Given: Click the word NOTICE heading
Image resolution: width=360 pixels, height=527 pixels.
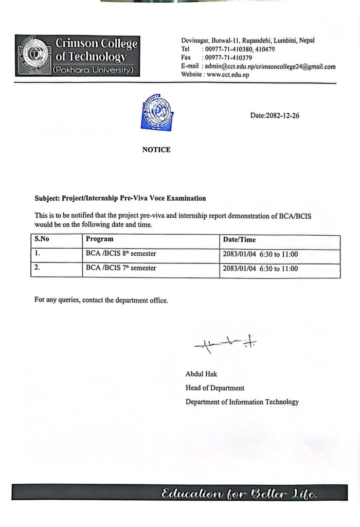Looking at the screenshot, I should click(156, 150).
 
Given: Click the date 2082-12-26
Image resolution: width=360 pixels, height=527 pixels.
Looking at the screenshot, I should click(275, 116).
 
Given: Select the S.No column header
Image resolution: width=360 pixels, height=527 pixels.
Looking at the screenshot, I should click(42, 239).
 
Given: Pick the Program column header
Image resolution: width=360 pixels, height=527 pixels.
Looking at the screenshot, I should click(100, 239).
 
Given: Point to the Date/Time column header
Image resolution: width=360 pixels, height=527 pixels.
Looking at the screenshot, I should click(239, 240).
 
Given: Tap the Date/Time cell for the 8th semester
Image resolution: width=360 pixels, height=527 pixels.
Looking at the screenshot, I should click(261, 254).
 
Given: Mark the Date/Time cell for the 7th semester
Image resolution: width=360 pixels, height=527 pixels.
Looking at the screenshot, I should click(261, 269).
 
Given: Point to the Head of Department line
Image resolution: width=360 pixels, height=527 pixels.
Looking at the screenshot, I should click(215, 388).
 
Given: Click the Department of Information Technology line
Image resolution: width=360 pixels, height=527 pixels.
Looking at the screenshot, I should click(242, 402).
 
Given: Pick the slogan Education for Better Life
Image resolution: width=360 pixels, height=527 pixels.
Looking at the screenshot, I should click(240, 494).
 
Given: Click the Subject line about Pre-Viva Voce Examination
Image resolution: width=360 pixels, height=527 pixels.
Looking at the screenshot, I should click(120, 198).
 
